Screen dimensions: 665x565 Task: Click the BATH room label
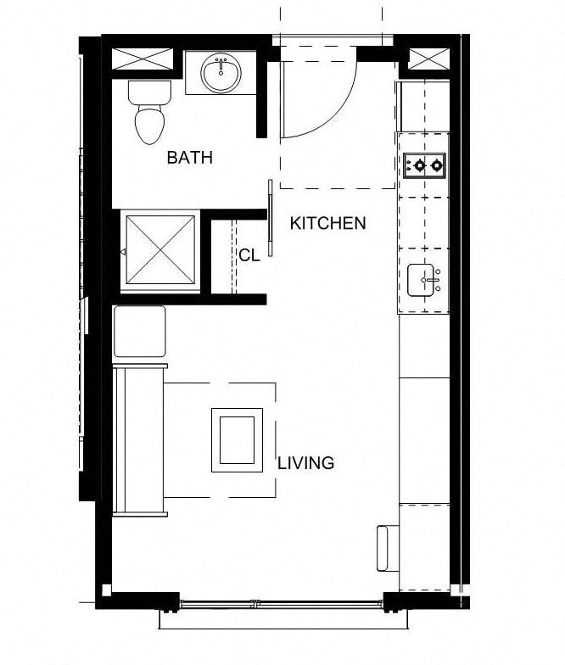[x=189, y=158]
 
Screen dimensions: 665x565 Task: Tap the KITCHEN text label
[x=327, y=224]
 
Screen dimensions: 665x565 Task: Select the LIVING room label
[x=305, y=463]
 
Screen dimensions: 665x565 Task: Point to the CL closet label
[x=249, y=255]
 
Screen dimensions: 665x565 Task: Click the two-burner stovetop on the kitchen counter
[x=423, y=165]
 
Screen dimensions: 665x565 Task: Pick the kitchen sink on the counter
[x=423, y=281]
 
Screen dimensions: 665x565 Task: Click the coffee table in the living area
[x=237, y=439]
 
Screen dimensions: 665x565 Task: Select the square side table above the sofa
[x=139, y=332]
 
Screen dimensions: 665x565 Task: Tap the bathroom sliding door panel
[x=271, y=218]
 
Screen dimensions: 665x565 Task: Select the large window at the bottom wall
[x=282, y=604]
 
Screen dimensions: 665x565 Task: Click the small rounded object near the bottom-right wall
[x=387, y=547]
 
